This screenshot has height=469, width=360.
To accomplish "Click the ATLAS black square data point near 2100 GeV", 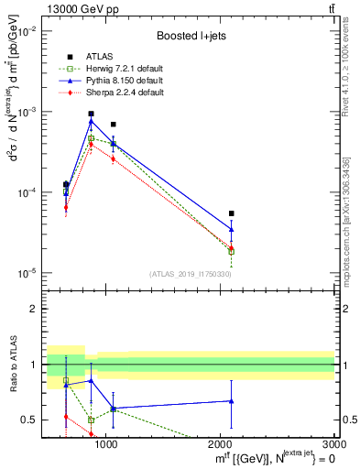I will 232,213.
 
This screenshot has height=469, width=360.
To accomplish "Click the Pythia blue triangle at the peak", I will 91,121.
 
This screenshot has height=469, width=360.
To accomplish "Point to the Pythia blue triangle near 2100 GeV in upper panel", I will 232,230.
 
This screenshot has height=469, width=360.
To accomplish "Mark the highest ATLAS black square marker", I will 91,114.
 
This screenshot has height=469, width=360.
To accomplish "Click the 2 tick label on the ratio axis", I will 34,309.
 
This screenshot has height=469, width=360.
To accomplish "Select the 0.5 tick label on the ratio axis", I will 29,420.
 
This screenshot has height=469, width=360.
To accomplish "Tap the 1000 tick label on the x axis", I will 106,444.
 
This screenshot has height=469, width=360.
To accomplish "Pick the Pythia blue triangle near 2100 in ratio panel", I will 232,400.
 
